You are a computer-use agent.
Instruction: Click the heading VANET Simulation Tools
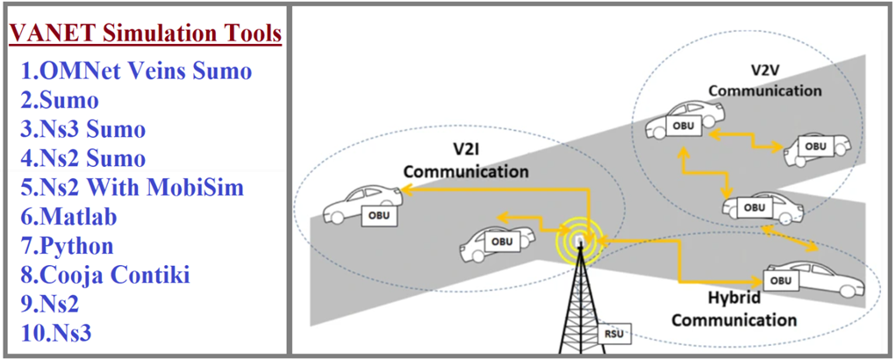pos(146,34)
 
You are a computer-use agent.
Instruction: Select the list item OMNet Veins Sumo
pos(136,71)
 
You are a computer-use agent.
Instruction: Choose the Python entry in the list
pos(80,246)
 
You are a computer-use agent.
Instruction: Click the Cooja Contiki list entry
pos(105,275)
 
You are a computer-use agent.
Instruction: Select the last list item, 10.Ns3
pos(56,333)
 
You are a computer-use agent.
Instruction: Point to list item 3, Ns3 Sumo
pos(82,129)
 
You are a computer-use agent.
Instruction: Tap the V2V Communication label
pos(764,79)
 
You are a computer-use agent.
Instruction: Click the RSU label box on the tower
pos(613,334)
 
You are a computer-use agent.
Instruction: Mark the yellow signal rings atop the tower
pos(577,240)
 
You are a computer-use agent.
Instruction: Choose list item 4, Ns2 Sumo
pos(82,158)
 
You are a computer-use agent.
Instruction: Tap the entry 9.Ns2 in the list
pos(52,304)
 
